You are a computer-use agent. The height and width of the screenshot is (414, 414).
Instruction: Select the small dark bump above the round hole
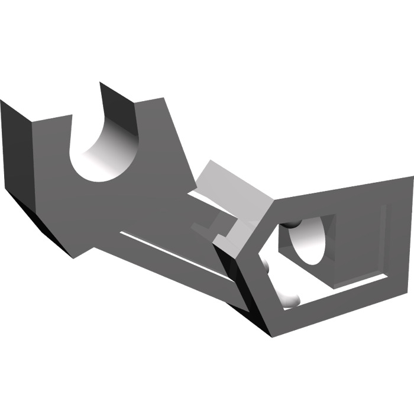(292, 224)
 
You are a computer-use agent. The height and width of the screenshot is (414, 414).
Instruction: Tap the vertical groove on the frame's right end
(387, 237)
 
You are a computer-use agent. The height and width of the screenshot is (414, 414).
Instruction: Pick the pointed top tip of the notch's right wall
(101, 83)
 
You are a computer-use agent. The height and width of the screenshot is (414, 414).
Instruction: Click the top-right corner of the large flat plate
(163, 98)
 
